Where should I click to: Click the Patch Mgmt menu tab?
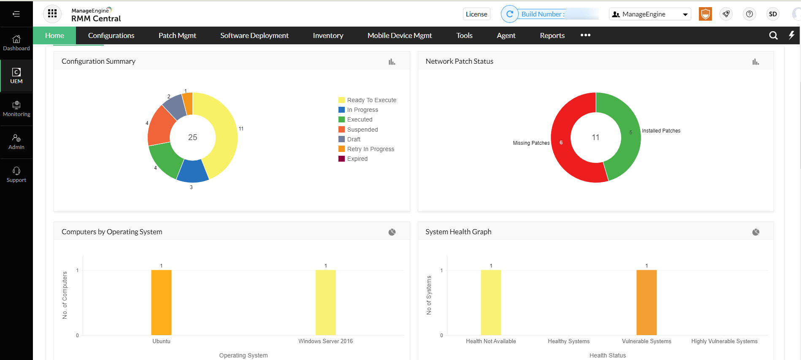click(177, 35)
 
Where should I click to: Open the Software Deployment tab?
click(254, 35)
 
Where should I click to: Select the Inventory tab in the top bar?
click(328, 35)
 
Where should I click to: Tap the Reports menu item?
click(552, 35)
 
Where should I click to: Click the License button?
click(476, 14)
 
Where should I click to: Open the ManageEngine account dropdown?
click(649, 14)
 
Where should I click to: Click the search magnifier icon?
click(773, 35)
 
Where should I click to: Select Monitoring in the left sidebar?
click(16, 109)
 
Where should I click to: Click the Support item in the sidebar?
click(16, 175)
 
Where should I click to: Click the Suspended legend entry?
click(362, 130)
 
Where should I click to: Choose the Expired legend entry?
click(357, 159)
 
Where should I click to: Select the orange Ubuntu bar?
click(161, 302)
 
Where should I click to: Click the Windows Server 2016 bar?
click(325, 302)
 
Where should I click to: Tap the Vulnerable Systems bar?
click(646, 302)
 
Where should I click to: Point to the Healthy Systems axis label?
click(568, 341)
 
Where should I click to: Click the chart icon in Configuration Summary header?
click(392, 62)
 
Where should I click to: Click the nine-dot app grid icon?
click(52, 14)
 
